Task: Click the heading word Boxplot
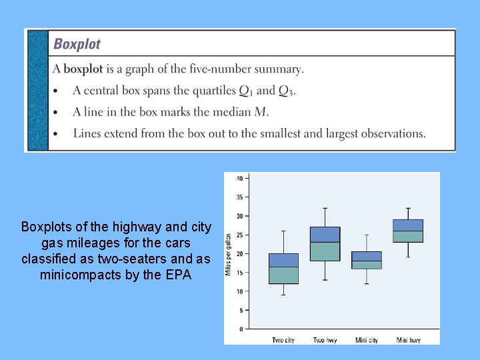point(77,45)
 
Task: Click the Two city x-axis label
point(283,340)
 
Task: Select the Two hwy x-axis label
point(325,340)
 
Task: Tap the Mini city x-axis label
point(367,340)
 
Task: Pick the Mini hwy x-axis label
point(408,340)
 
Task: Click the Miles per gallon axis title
point(228,254)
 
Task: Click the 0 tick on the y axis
point(241,329)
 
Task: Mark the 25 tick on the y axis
point(239,235)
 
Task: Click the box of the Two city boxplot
point(283,269)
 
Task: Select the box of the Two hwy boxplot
point(325,244)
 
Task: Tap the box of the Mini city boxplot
point(367,260)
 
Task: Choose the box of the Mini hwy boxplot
point(408,231)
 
